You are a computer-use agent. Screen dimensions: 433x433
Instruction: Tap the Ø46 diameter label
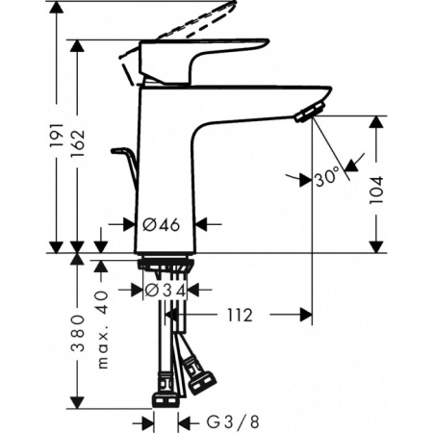pyautogui.click(x=162, y=224)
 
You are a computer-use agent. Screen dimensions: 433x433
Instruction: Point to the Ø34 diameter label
pyautogui.click(x=165, y=289)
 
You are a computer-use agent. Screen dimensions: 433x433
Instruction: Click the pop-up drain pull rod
pyautogui.click(x=126, y=164)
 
